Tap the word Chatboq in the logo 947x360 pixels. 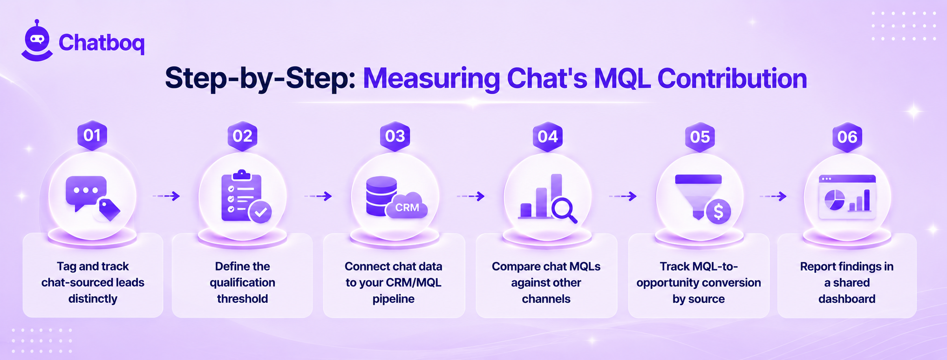102,43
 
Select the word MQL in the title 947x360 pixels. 622,78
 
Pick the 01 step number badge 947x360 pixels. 92,136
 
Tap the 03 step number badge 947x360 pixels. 395,136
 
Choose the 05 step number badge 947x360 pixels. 700,137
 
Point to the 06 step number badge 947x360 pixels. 847,137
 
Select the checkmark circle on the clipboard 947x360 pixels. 260,212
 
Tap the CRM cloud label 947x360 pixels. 406,205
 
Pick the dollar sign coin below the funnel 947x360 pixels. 718,212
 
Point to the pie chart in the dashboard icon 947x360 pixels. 834,200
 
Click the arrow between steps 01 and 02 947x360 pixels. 166,196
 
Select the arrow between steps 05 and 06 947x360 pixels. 773,197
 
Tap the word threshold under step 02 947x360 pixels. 242,299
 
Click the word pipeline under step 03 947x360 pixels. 393,299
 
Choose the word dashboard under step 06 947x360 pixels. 847,299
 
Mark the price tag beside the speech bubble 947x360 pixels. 108,209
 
